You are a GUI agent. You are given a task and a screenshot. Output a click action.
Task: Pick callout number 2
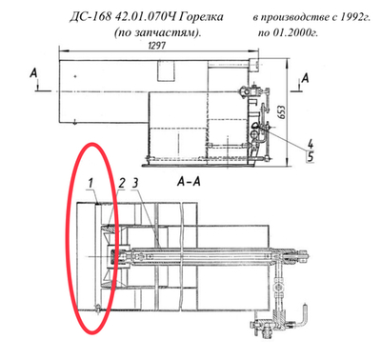[x=122, y=180]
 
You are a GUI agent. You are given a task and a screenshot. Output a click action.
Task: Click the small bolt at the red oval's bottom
[x=99, y=307]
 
